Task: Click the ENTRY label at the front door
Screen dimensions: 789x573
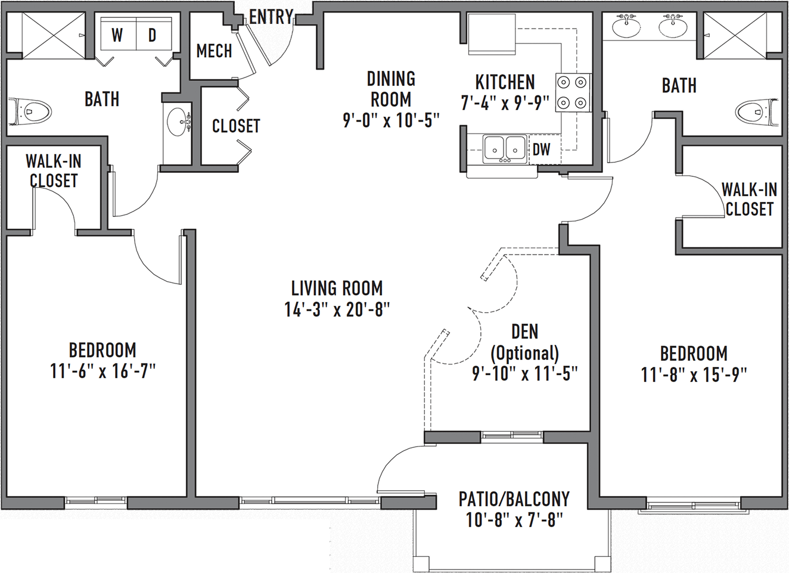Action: click(x=271, y=17)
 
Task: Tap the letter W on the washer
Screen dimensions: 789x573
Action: click(x=117, y=35)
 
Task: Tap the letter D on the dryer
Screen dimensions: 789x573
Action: click(x=152, y=35)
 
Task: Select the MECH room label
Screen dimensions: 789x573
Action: click(x=214, y=51)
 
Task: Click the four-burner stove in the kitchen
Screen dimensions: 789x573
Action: click(x=573, y=92)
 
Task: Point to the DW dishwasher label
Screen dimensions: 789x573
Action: click(x=541, y=150)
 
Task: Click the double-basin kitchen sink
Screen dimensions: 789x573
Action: click(x=505, y=149)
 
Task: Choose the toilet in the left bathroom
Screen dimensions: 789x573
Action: click(x=30, y=112)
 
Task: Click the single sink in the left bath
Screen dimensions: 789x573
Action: click(x=178, y=122)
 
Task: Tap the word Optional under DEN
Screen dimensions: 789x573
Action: click(x=524, y=353)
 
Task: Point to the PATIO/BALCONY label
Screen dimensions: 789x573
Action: click(x=514, y=499)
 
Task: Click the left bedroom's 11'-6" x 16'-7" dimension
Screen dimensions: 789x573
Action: click(x=103, y=371)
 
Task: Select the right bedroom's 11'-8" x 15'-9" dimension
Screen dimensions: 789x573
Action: click(x=694, y=375)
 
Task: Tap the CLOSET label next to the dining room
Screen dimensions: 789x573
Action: click(x=236, y=126)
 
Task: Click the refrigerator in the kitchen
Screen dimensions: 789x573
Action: click(x=492, y=34)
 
